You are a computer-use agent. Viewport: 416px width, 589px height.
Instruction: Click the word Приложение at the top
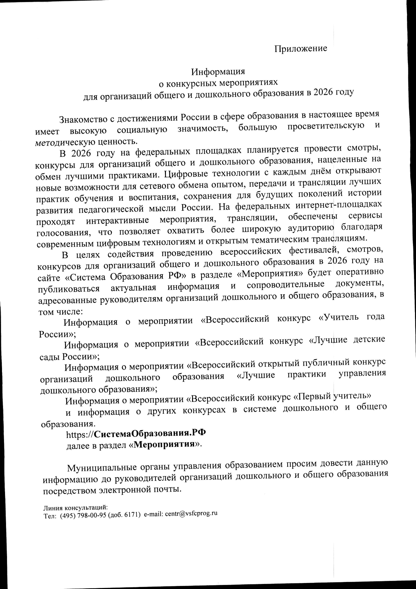tap(301, 48)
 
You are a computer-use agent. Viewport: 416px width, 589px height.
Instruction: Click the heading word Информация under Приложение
tap(218, 71)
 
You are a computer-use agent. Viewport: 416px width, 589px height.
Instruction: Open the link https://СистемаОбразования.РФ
tap(136, 434)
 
